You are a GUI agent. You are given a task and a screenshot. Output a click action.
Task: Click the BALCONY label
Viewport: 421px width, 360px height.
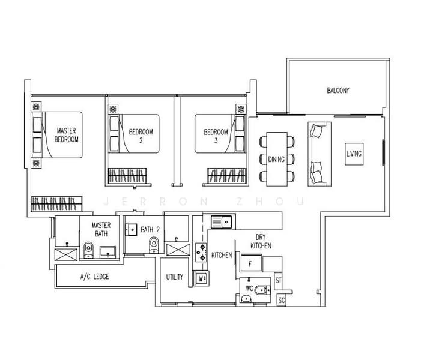pyautogui.click(x=338, y=91)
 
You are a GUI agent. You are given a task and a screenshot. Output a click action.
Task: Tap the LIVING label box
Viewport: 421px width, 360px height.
pyautogui.click(x=354, y=154)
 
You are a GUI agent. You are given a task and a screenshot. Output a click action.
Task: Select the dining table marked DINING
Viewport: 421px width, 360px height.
pyautogui.click(x=277, y=159)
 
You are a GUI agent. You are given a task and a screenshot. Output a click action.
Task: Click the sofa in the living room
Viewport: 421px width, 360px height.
pyautogui.click(x=320, y=154)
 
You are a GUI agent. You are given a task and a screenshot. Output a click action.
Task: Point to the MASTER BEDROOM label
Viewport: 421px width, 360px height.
pyautogui.click(x=66, y=135)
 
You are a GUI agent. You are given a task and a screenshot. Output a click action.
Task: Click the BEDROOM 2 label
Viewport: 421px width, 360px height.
pyautogui.click(x=141, y=136)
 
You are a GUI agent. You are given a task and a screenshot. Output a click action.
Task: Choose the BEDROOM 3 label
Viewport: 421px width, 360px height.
pyautogui.click(x=216, y=136)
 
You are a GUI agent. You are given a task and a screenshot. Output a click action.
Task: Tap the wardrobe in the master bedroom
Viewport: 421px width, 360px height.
pyautogui.click(x=56, y=204)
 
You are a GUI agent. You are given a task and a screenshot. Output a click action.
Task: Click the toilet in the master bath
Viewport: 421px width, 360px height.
pyautogui.click(x=88, y=250)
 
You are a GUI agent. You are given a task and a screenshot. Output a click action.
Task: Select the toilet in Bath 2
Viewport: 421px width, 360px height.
pyautogui.click(x=154, y=245)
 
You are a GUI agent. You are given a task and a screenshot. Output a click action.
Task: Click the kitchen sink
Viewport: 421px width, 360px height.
pyautogui.click(x=223, y=221)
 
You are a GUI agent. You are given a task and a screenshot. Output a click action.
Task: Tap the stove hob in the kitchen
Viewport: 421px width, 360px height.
pyautogui.click(x=201, y=253)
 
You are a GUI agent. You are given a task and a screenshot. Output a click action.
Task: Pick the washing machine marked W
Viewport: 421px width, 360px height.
pyautogui.click(x=201, y=278)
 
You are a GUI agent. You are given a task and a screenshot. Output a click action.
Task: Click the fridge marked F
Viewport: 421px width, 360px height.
pyautogui.click(x=251, y=263)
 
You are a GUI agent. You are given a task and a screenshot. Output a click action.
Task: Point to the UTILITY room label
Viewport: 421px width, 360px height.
pyautogui.click(x=175, y=277)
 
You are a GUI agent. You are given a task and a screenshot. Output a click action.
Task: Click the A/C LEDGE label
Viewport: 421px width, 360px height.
pyautogui.click(x=95, y=277)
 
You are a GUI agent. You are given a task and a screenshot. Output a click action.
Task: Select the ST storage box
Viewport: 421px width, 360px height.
pyautogui.click(x=279, y=281)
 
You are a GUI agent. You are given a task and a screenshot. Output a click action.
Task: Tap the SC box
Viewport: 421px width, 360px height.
pyautogui.click(x=282, y=299)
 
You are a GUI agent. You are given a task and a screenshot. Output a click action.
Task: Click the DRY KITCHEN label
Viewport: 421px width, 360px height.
pyautogui.click(x=261, y=241)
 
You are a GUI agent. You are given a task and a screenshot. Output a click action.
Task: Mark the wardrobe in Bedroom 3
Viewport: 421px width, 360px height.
pyautogui.click(x=226, y=176)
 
